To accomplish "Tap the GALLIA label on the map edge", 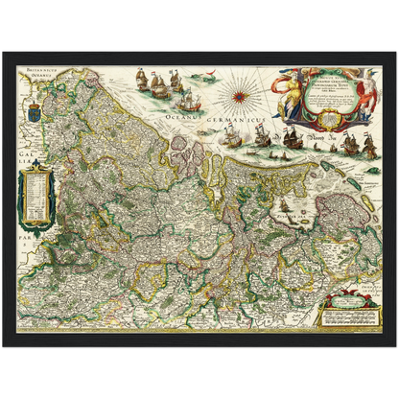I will (20, 151).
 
